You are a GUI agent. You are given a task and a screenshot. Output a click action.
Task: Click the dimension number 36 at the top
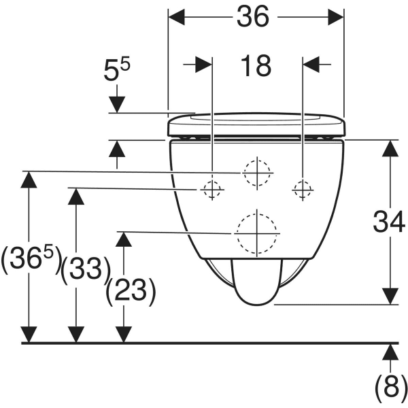[253, 16]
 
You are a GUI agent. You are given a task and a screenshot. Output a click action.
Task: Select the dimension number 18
[256, 66]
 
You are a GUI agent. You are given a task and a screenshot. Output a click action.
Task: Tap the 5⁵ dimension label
[116, 69]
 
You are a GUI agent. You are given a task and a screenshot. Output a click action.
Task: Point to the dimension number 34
[389, 222]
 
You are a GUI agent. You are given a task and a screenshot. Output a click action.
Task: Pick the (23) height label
[131, 292]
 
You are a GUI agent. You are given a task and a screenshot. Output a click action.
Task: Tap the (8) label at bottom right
[391, 389]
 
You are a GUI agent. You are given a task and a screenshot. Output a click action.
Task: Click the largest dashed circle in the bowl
[257, 233]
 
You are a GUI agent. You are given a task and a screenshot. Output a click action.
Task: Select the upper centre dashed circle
[257, 173]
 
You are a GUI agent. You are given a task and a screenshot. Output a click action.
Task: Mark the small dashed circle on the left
[212, 190]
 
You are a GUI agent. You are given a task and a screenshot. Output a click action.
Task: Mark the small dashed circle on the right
[303, 190]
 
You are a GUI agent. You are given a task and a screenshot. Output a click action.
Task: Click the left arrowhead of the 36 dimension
[177, 17]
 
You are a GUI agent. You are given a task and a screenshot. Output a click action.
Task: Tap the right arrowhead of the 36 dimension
[336, 17]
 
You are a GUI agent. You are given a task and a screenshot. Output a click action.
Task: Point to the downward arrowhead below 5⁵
[117, 104]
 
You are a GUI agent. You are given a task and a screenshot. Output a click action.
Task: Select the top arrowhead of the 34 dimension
[390, 148]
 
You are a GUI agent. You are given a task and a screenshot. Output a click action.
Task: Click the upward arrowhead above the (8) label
[390, 352]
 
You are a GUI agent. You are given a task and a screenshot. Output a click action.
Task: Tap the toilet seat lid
[256, 124]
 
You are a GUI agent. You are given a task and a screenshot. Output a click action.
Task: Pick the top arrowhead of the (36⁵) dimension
[29, 180]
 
